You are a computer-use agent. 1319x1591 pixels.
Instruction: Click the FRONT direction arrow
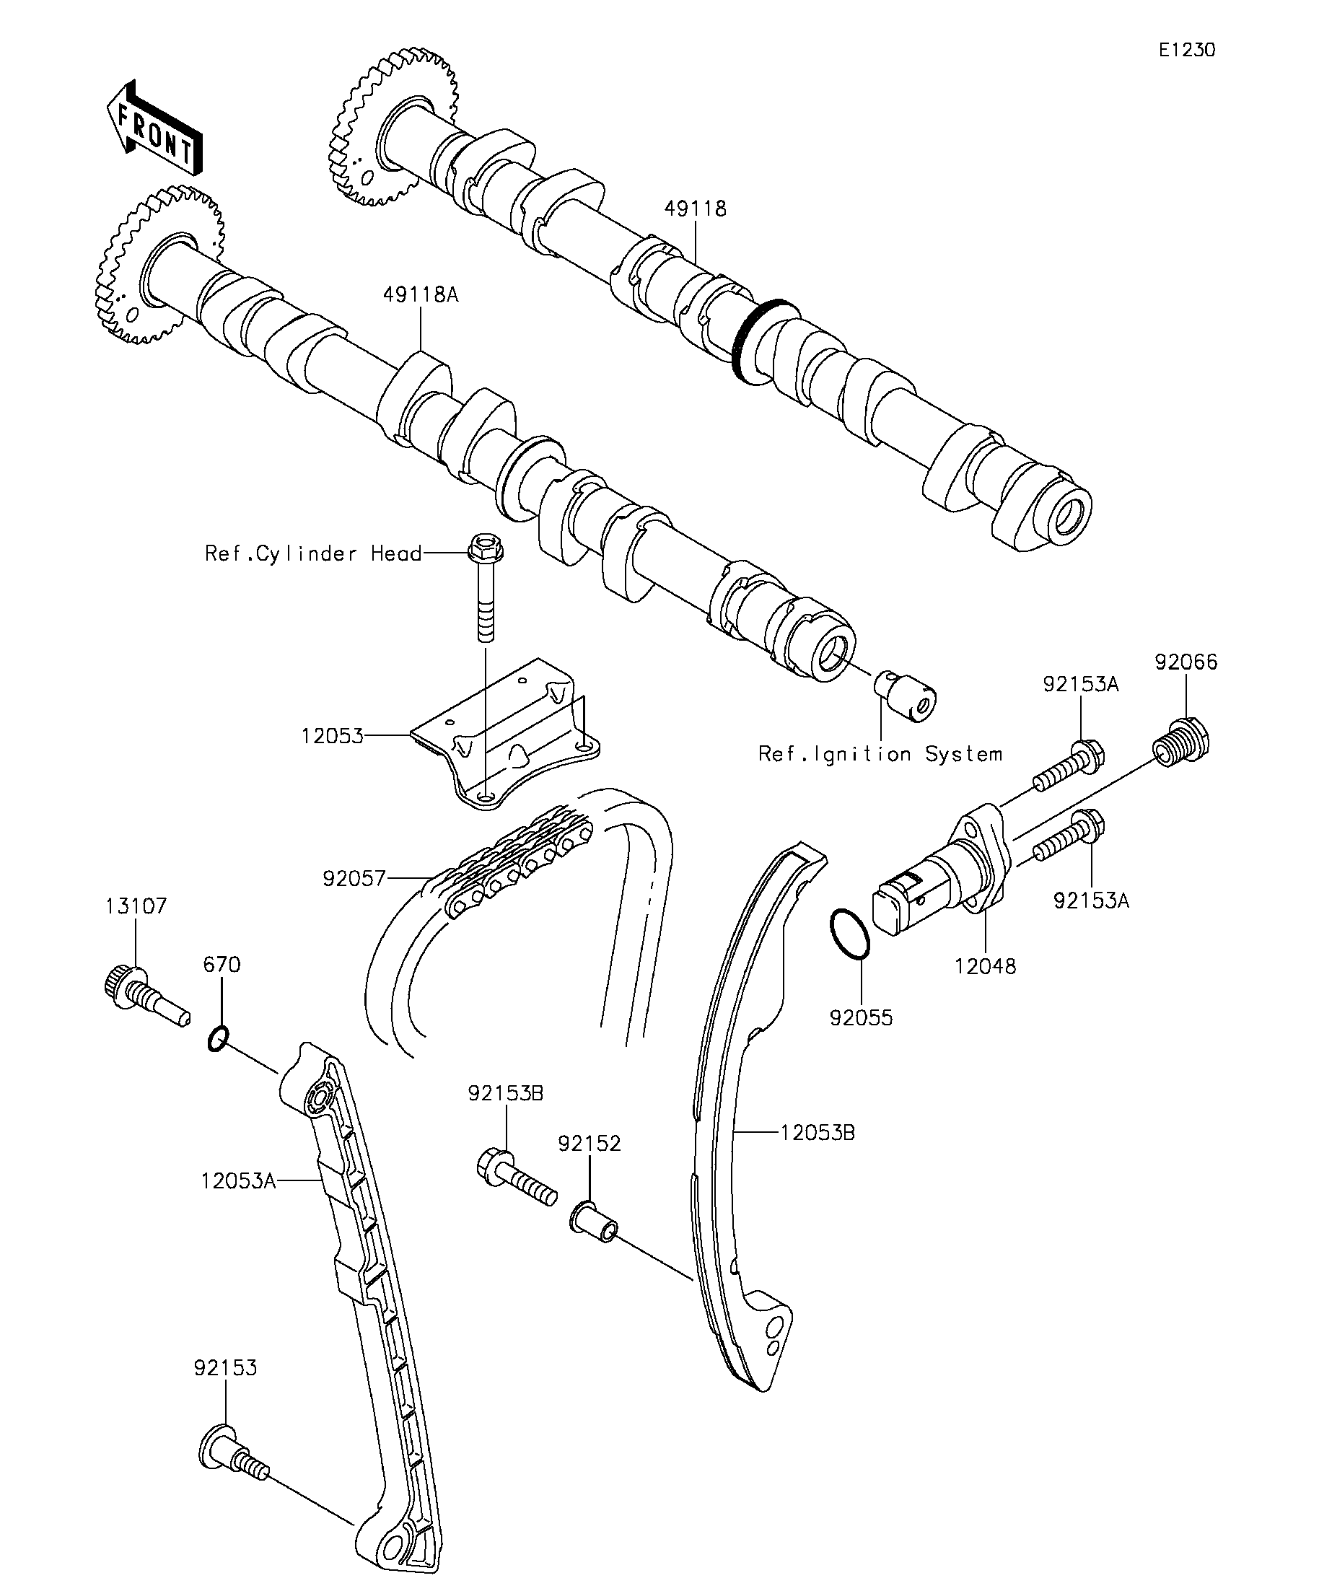(154, 128)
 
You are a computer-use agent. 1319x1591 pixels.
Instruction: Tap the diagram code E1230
(1186, 50)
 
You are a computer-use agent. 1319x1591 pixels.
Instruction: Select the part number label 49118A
(421, 294)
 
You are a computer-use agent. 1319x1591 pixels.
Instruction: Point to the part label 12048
(985, 966)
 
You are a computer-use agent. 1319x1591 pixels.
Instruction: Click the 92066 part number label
(1186, 662)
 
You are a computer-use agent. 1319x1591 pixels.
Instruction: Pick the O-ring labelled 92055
(850, 934)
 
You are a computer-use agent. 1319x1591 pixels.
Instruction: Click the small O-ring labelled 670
(217, 1037)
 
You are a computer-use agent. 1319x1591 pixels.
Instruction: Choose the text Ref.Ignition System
(880, 755)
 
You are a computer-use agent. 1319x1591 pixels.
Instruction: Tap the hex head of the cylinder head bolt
(486, 546)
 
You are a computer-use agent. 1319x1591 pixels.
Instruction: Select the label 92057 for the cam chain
(354, 879)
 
